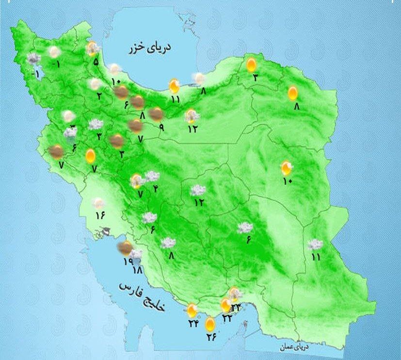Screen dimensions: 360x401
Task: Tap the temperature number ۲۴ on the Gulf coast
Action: tap(193, 324)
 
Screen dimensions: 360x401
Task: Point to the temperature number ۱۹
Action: tap(128, 262)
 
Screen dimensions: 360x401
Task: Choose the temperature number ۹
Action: tap(161, 128)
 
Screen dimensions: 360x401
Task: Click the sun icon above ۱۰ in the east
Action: tap(287, 168)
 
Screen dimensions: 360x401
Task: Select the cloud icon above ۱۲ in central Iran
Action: tap(198, 190)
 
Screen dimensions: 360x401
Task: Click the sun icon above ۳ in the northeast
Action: tap(251, 64)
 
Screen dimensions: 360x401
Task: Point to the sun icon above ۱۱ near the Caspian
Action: tap(175, 86)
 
